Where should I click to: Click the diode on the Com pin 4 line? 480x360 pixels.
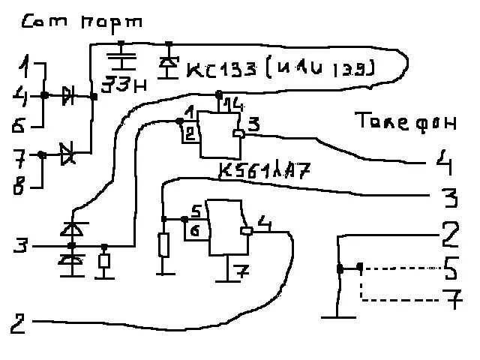[x=69, y=95]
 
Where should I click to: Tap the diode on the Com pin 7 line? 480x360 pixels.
[x=68, y=154]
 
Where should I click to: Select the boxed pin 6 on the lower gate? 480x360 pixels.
[x=193, y=233]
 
